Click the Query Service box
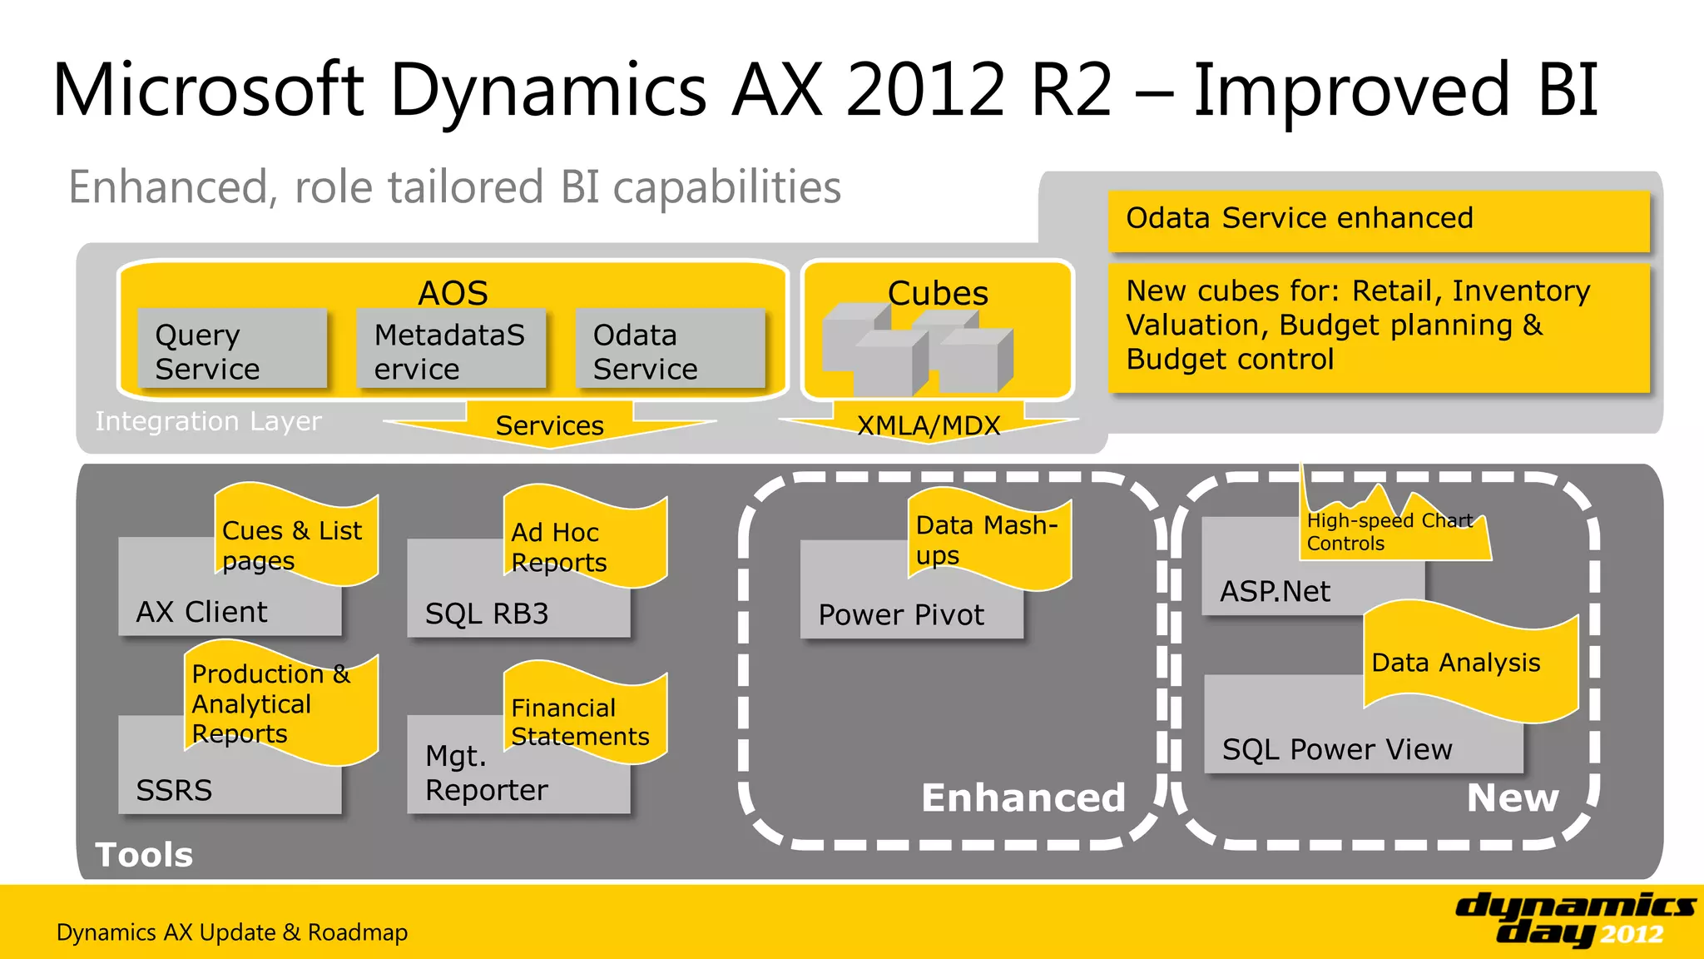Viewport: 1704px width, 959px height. pyautogui.click(x=232, y=350)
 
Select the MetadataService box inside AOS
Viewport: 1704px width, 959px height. pyautogui.click(x=450, y=350)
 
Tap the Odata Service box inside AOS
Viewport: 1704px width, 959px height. pyautogui.click(x=669, y=350)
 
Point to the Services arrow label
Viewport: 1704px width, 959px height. pyautogui.click(x=549, y=425)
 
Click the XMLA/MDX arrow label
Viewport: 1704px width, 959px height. pyautogui.click(x=929, y=425)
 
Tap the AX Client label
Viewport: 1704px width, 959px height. pyautogui.click(x=202, y=612)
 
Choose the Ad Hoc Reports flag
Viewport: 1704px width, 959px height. pyautogui.click(x=582, y=545)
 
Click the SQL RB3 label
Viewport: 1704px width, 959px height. pyautogui.click(x=487, y=614)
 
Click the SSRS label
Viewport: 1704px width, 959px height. pyautogui.click(x=174, y=789)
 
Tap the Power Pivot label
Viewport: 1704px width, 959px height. pyautogui.click(x=901, y=615)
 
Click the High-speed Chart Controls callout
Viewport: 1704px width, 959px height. pyautogui.click(x=1389, y=531)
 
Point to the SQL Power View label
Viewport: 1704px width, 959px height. pyautogui.click(x=1337, y=749)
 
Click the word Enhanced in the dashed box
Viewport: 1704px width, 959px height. pyautogui.click(x=1023, y=798)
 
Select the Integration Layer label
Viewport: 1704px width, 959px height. pyautogui.click(x=208, y=421)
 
